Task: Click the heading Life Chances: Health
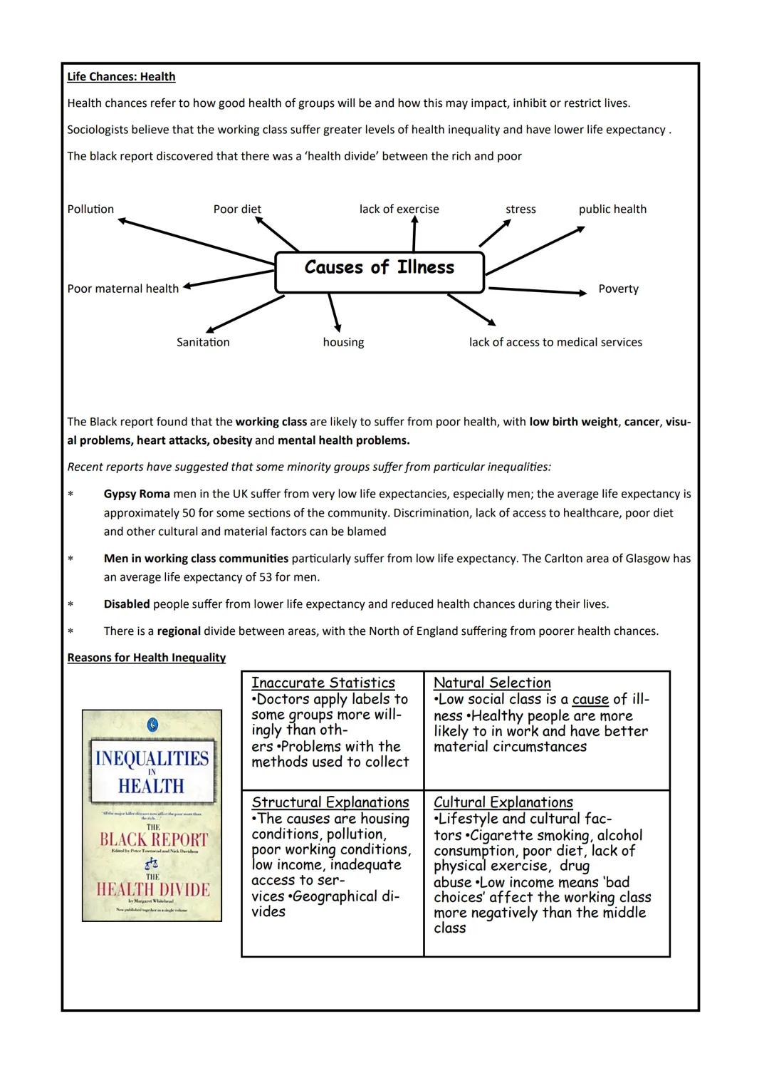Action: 121,77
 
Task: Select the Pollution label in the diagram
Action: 90,209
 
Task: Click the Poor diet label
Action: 237,209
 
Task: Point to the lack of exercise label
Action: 399,209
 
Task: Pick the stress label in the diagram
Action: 520,209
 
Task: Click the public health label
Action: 612,209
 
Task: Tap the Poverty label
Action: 618,289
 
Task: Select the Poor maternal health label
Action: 123,289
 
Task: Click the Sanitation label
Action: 203,343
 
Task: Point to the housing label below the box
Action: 343,343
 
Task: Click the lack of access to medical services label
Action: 555,343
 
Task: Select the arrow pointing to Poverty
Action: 538,291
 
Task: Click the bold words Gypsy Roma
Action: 137,494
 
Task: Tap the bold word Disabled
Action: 127,605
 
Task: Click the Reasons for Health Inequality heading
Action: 146,658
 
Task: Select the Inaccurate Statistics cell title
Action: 323,683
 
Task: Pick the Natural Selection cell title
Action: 492,683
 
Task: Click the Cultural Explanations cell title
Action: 503,802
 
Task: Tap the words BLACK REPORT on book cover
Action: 153,839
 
